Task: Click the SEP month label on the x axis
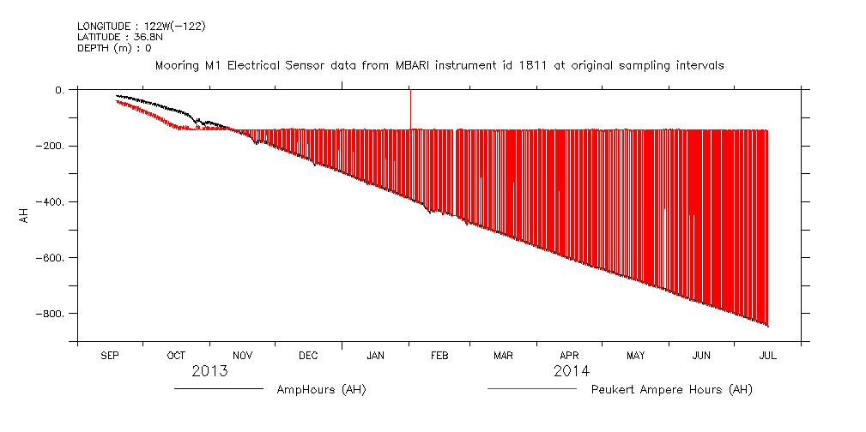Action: pyautogui.click(x=110, y=355)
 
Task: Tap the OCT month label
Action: pyautogui.click(x=176, y=355)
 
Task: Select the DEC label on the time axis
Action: pyautogui.click(x=308, y=355)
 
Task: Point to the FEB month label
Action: pyautogui.click(x=439, y=355)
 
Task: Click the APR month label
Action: pyautogui.click(x=570, y=355)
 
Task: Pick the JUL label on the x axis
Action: pyautogui.click(x=767, y=355)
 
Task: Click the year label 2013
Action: pyautogui.click(x=209, y=371)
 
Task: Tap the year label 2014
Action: pyautogui.click(x=571, y=371)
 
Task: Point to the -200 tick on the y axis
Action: pyautogui.click(x=49, y=147)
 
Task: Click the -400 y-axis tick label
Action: pyautogui.click(x=49, y=202)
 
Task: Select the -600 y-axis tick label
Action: pyautogui.click(x=49, y=258)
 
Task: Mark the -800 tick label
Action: pyautogui.click(x=49, y=314)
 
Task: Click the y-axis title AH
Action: pyautogui.click(x=23, y=214)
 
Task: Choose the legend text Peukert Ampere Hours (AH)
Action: pyautogui.click(x=672, y=390)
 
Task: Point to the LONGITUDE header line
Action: pyautogui.click(x=141, y=26)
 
